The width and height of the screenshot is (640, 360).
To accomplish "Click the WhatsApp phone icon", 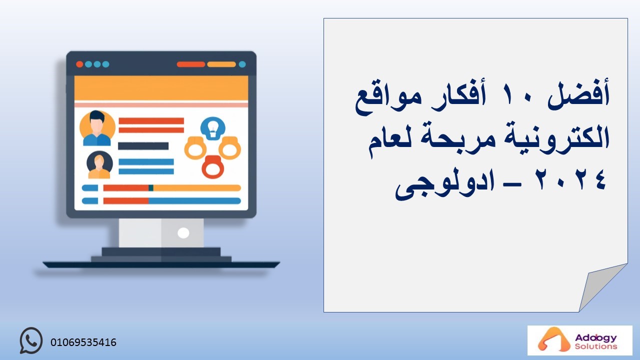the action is click(31, 340).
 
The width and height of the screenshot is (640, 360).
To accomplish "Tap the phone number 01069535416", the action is click(83, 342).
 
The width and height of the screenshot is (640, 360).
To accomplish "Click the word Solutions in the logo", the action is click(596, 346).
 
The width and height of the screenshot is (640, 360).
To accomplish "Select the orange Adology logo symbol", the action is click(550, 339).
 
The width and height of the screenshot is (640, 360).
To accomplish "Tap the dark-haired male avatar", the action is click(97, 128).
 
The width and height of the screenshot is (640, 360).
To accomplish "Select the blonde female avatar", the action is click(99, 165).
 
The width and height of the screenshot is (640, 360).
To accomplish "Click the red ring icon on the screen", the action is click(213, 167).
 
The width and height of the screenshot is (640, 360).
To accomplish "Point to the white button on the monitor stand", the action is click(183, 233).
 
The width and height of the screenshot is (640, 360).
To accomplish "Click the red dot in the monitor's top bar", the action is click(79, 64).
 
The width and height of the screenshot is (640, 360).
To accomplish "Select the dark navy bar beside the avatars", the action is click(143, 146).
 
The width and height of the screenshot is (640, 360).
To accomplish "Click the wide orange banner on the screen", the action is click(161, 88).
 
